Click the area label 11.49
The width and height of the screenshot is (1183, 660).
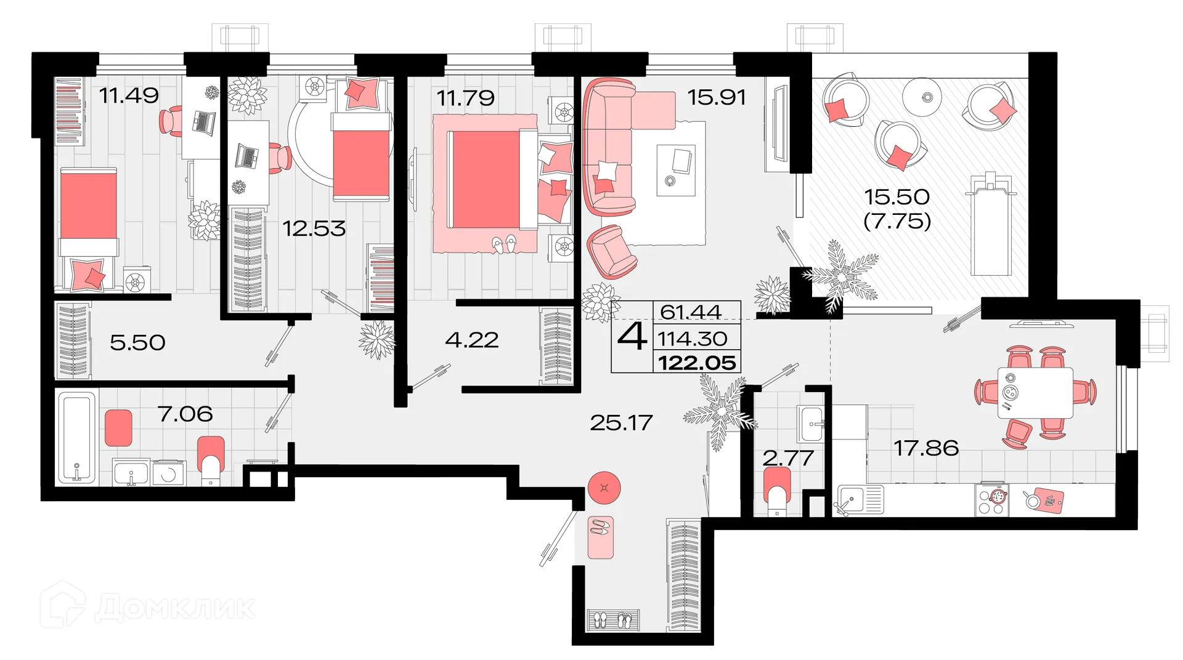[x=129, y=95]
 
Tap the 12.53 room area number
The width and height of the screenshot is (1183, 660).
[x=314, y=228]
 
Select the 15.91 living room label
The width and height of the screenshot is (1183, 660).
[x=716, y=97]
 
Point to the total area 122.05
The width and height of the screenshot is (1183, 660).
[x=697, y=363]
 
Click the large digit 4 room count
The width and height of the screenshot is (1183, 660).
[x=632, y=337]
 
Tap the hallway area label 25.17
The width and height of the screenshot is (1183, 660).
[x=620, y=422]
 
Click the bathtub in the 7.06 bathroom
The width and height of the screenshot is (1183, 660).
[x=78, y=438]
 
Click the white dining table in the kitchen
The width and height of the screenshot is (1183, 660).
[x=1035, y=393]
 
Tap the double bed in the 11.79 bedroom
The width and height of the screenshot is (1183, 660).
[x=493, y=179]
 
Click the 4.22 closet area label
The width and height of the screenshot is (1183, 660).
[x=471, y=340]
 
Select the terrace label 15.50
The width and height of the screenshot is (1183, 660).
[x=896, y=197]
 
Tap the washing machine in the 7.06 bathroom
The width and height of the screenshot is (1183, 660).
[x=168, y=473]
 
